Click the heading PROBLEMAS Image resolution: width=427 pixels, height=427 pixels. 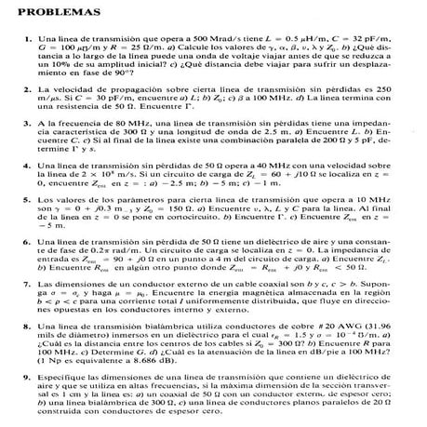pyautogui.click(x=46, y=15)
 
